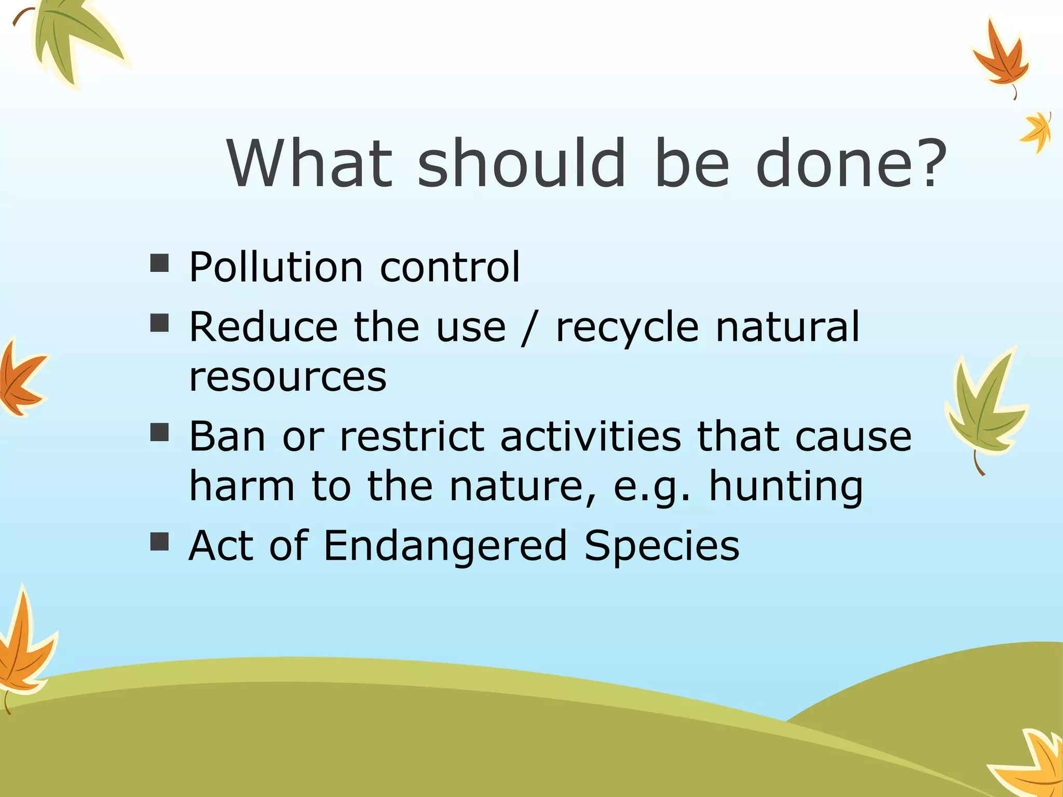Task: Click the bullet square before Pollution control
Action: (x=159, y=263)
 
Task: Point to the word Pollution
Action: (x=276, y=267)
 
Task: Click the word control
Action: (x=449, y=267)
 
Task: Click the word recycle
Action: (x=627, y=328)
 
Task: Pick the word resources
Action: (x=288, y=377)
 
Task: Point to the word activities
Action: (x=590, y=436)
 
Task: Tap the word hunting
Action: (x=785, y=487)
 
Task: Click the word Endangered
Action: (x=445, y=546)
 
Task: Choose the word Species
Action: (x=662, y=546)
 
